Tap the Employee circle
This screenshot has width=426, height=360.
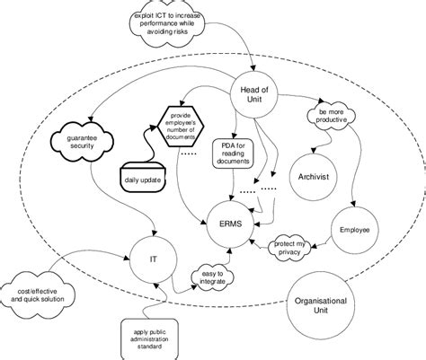355,230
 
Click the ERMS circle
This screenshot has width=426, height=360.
227,216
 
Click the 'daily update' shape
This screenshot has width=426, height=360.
145,180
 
